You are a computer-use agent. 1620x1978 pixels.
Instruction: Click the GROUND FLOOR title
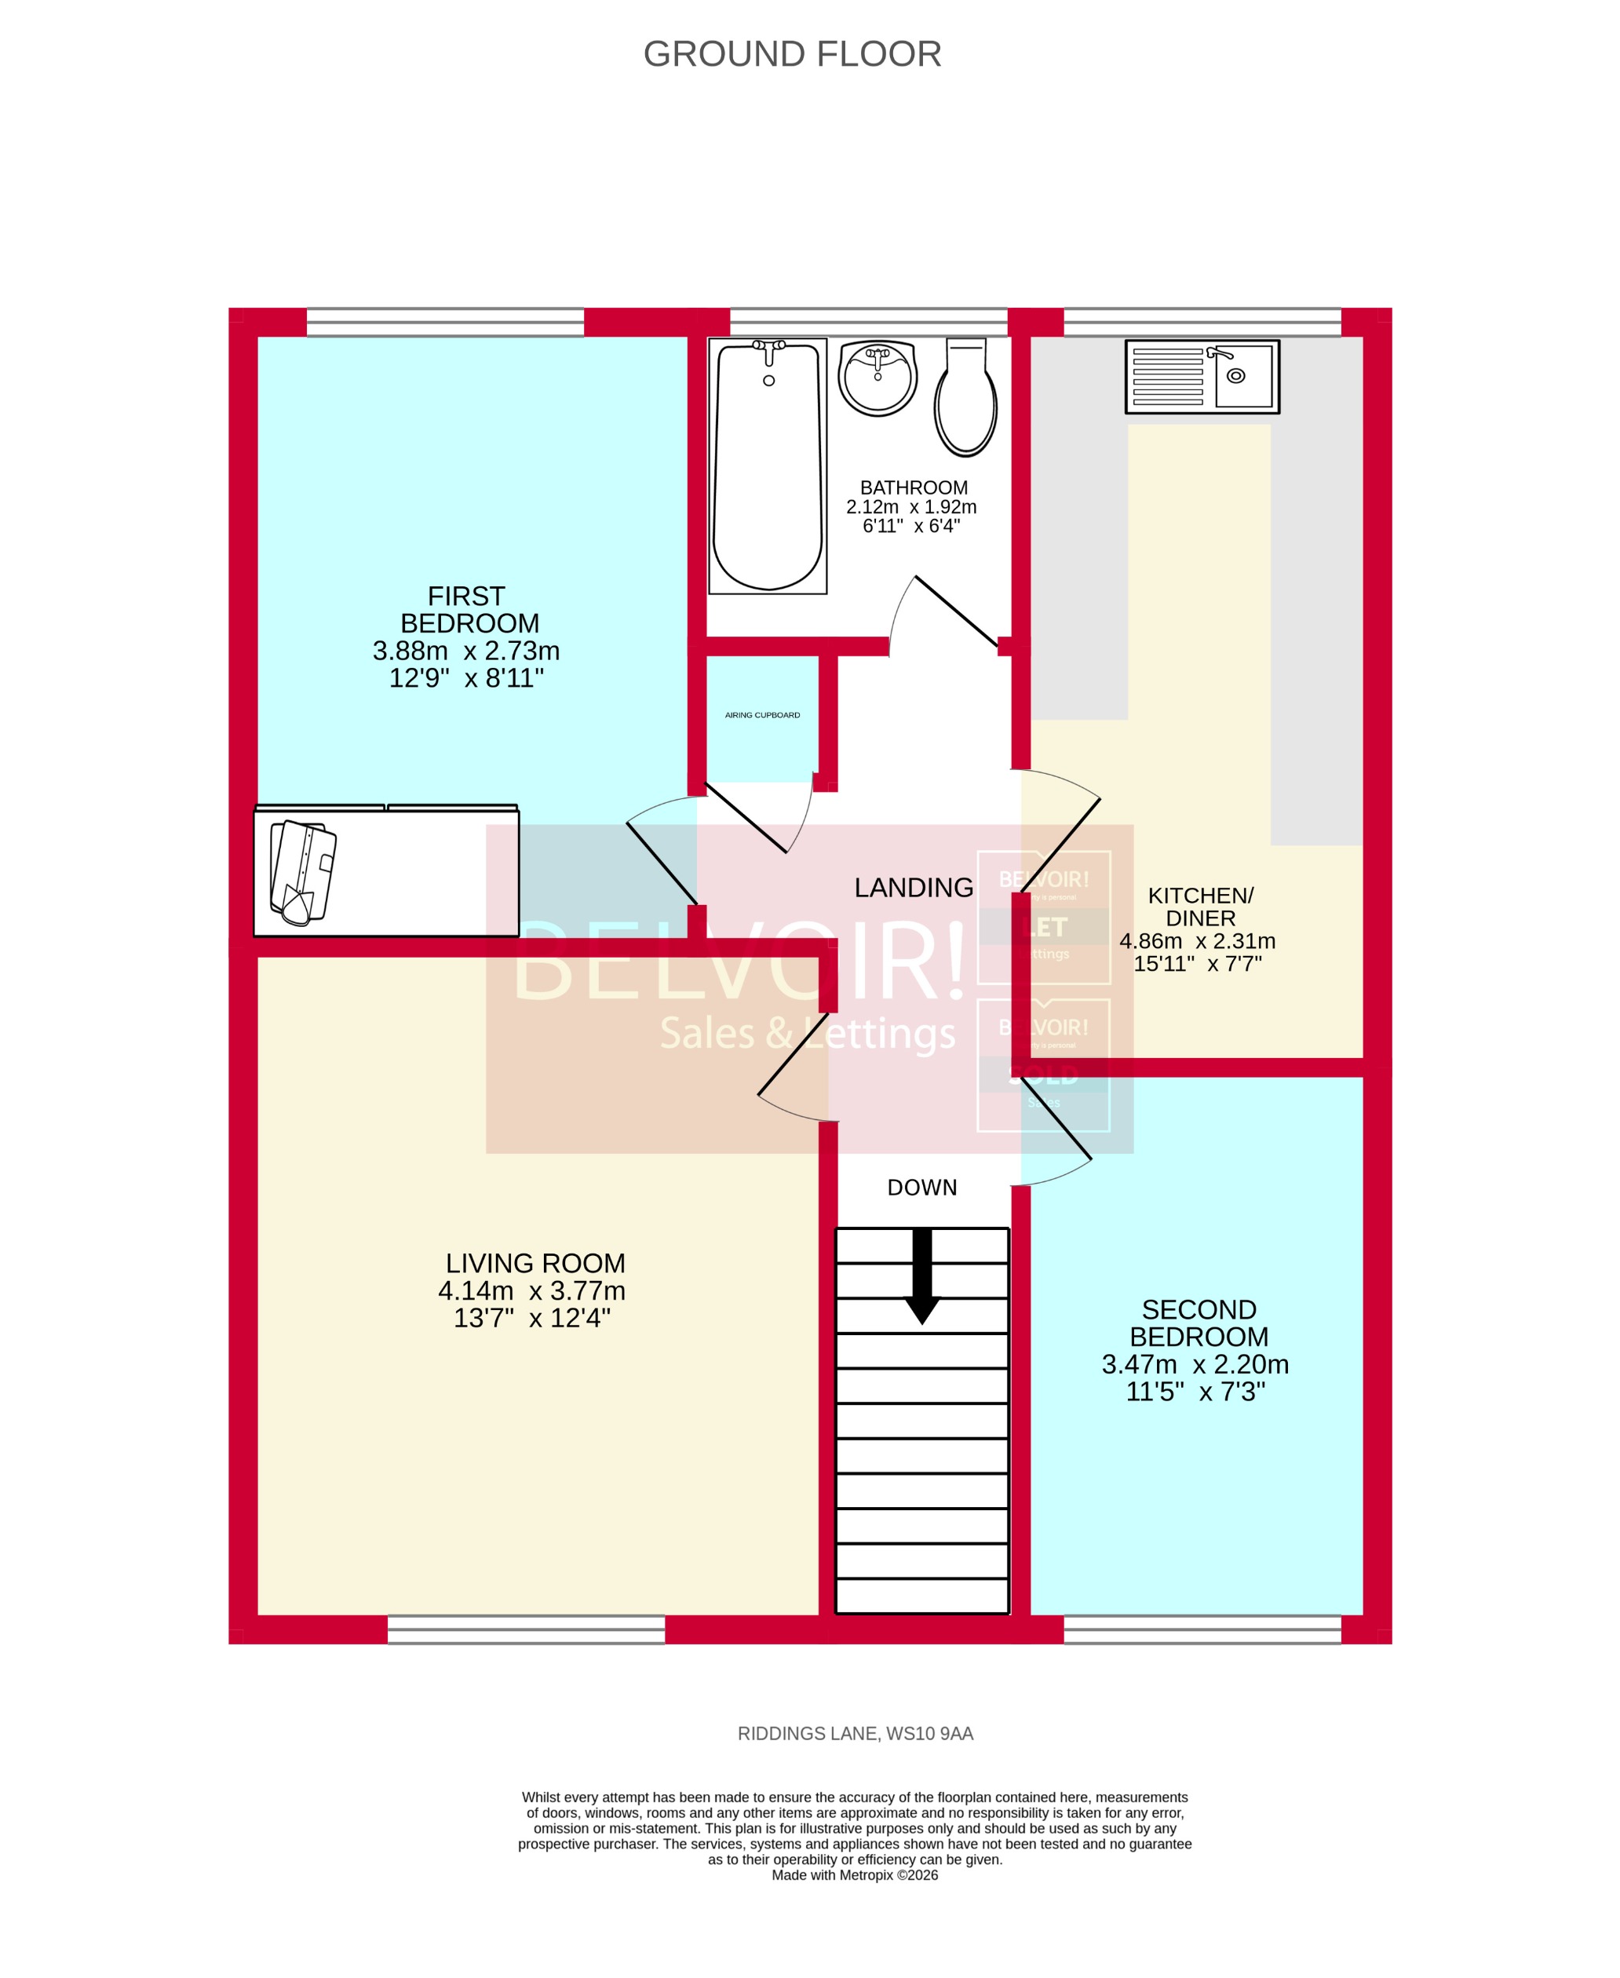[792, 54]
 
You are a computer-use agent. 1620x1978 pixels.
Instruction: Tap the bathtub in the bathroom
[768, 466]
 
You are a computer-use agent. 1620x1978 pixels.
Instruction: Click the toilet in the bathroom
[966, 401]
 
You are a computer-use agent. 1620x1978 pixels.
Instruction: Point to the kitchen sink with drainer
[1202, 376]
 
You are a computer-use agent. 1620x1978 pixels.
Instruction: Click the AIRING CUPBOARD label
[762, 715]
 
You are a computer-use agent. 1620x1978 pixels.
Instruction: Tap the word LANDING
[914, 887]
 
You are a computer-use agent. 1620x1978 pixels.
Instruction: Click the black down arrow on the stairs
[922, 1276]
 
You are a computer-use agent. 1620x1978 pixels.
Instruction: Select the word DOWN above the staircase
[922, 1188]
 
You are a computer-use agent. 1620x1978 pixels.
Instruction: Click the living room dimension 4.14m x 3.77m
[532, 1290]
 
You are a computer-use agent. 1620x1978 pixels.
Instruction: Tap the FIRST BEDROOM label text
[469, 609]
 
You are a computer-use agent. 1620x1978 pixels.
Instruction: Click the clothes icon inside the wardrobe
[302, 872]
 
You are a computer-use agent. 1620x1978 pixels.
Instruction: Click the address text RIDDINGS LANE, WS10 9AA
[855, 1734]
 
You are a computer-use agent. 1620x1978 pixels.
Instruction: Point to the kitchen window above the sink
[1202, 322]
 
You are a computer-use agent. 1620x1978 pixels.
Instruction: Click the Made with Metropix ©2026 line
[854, 1874]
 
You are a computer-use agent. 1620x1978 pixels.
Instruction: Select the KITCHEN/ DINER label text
[1200, 906]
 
